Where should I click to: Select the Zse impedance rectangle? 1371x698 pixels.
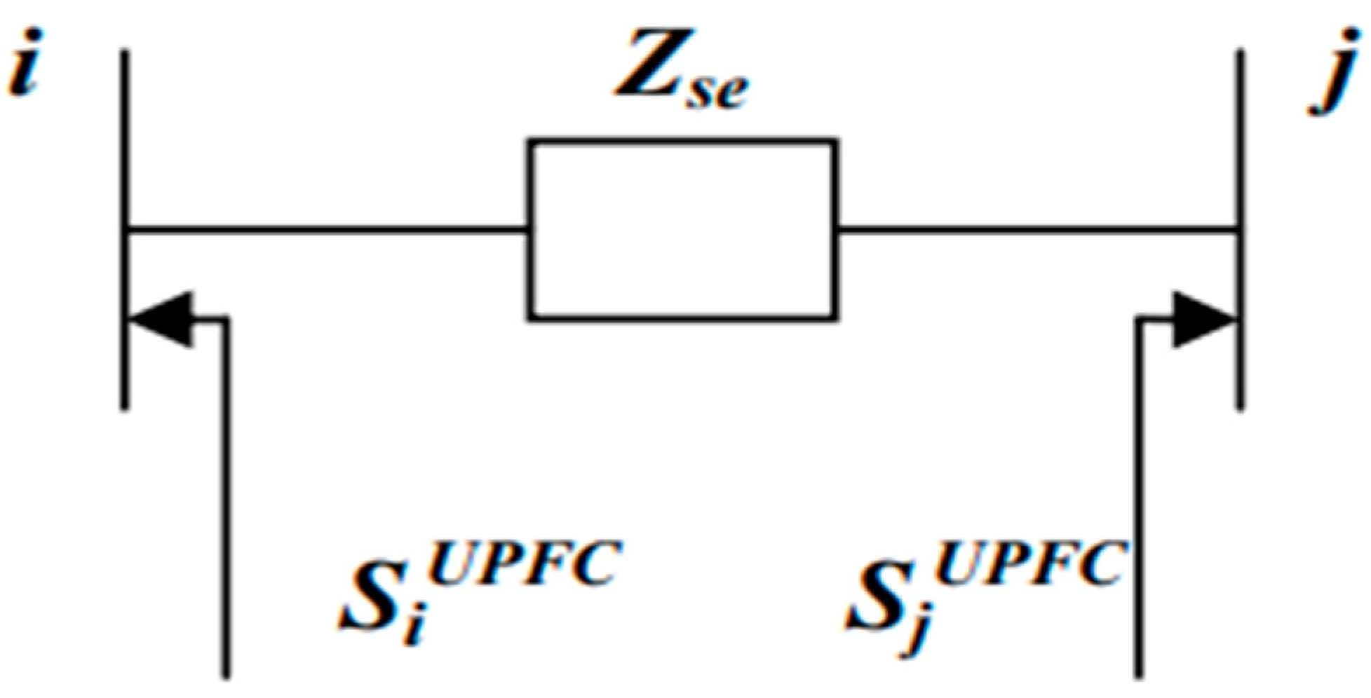pos(682,230)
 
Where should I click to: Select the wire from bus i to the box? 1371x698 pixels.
pos(326,229)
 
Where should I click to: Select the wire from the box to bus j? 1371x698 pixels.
pos(1038,229)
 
